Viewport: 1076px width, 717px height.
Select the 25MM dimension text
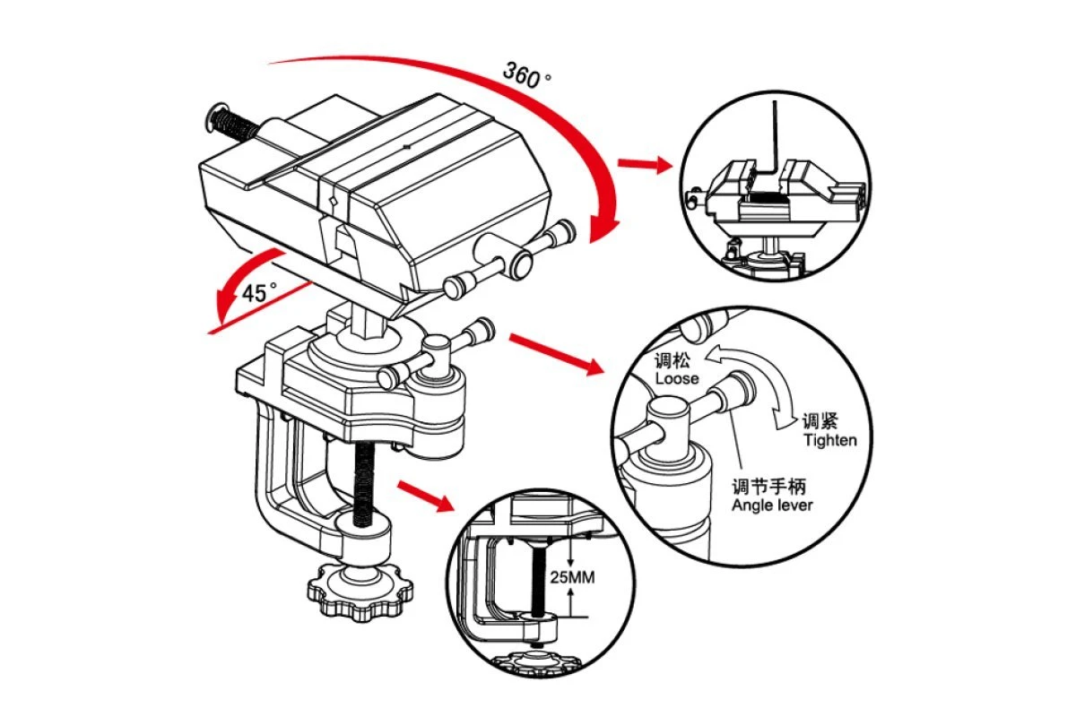[571, 578]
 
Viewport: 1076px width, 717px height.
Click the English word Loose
[676, 378]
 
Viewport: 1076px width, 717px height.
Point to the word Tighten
[829, 440]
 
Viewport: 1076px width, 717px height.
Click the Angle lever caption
[772, 505]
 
